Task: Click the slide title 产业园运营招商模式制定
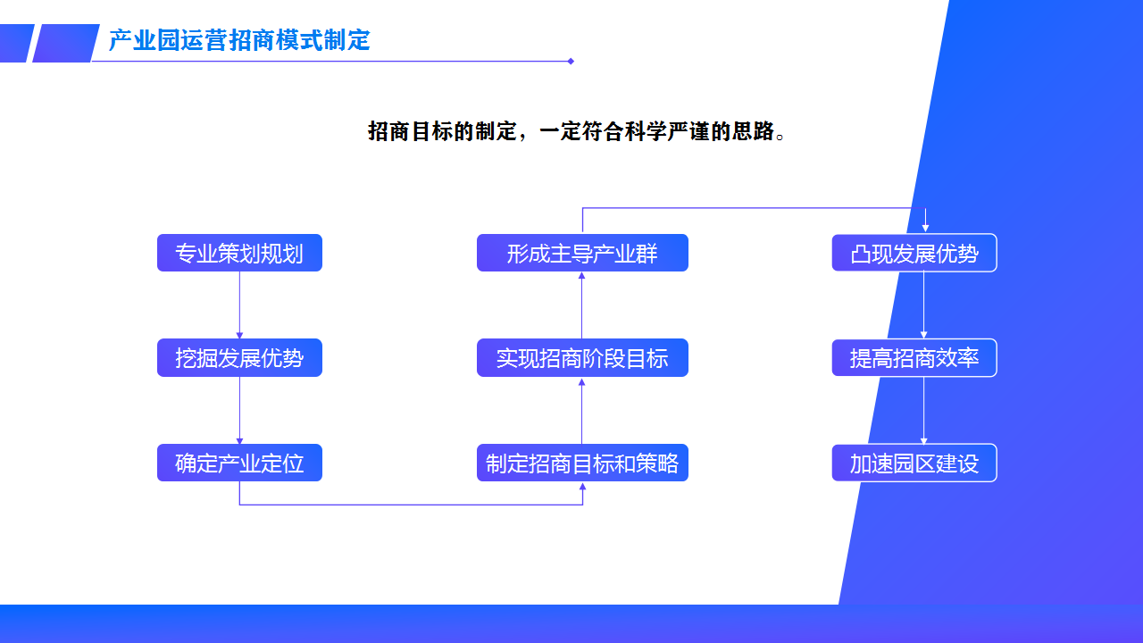point(239,40)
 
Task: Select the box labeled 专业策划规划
point(239,254)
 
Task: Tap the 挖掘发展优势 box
point(239,358)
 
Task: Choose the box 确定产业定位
point(239,463)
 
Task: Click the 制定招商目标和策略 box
point(582,463)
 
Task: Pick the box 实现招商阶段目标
point(582,358)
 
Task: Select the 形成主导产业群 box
point(582,254)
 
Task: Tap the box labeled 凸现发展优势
point(914,254)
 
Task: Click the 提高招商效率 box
point(914,358)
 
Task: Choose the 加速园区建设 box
point(914,463)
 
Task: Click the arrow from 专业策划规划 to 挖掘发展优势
point(239,305)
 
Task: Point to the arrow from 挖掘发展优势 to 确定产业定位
point(239,410)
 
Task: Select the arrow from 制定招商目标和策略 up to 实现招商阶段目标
point(582,411)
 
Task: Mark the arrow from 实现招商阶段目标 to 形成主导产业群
point(582,305)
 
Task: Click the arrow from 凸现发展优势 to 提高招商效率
point(923,305)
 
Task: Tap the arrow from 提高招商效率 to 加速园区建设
point(923,411)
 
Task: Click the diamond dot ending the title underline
point(571,62)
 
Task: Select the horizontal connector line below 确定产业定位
point(411,505)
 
